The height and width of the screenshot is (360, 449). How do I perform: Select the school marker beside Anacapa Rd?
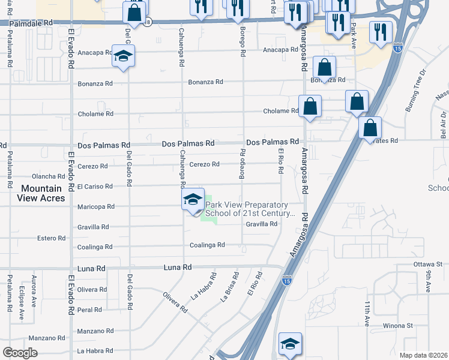tap(124, 56)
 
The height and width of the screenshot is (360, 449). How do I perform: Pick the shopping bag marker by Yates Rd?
tap(370, 128)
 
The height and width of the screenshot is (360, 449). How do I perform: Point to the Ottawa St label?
tap(427, 264)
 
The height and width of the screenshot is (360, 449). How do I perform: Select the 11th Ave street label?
tap(366, 314)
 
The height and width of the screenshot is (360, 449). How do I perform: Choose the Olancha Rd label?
tap(49, 176)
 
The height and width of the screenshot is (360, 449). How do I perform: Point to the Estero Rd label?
tap(51, 238)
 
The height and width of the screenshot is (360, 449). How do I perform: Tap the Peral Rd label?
tap(89, 310)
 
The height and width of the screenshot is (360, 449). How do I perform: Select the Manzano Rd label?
tap(93, 331)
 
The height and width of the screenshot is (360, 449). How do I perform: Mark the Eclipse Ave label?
tap(22, 307)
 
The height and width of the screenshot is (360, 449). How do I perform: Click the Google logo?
tap(20, 353)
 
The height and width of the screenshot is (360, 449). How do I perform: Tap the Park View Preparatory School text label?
tap(250, 209)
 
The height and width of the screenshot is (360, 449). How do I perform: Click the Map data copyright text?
tap(423, 355)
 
